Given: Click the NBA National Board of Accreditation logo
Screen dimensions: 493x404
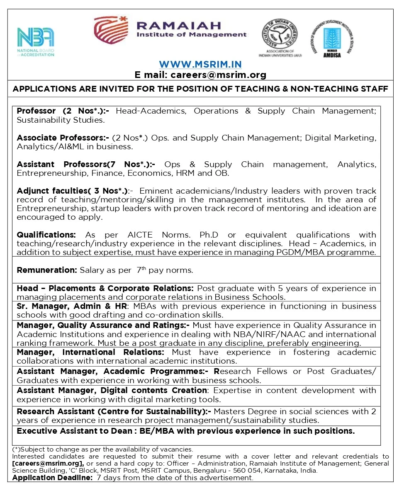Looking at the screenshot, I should tap(35, 41).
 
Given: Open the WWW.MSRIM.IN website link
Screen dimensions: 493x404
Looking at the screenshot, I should tap(200, 64).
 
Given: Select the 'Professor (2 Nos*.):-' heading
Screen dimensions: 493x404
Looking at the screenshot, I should tap(63, 111).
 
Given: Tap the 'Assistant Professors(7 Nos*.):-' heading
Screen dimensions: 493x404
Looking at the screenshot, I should tap(86, 164).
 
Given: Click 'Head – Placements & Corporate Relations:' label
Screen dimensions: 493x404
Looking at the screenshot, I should tap(105, 288).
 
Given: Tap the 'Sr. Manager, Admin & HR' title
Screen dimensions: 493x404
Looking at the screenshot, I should tap(71, 306).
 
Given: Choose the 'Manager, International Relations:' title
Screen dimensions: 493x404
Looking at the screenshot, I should tap(90, 352).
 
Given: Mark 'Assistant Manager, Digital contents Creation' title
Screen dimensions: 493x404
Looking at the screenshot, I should tap(112, 391).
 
